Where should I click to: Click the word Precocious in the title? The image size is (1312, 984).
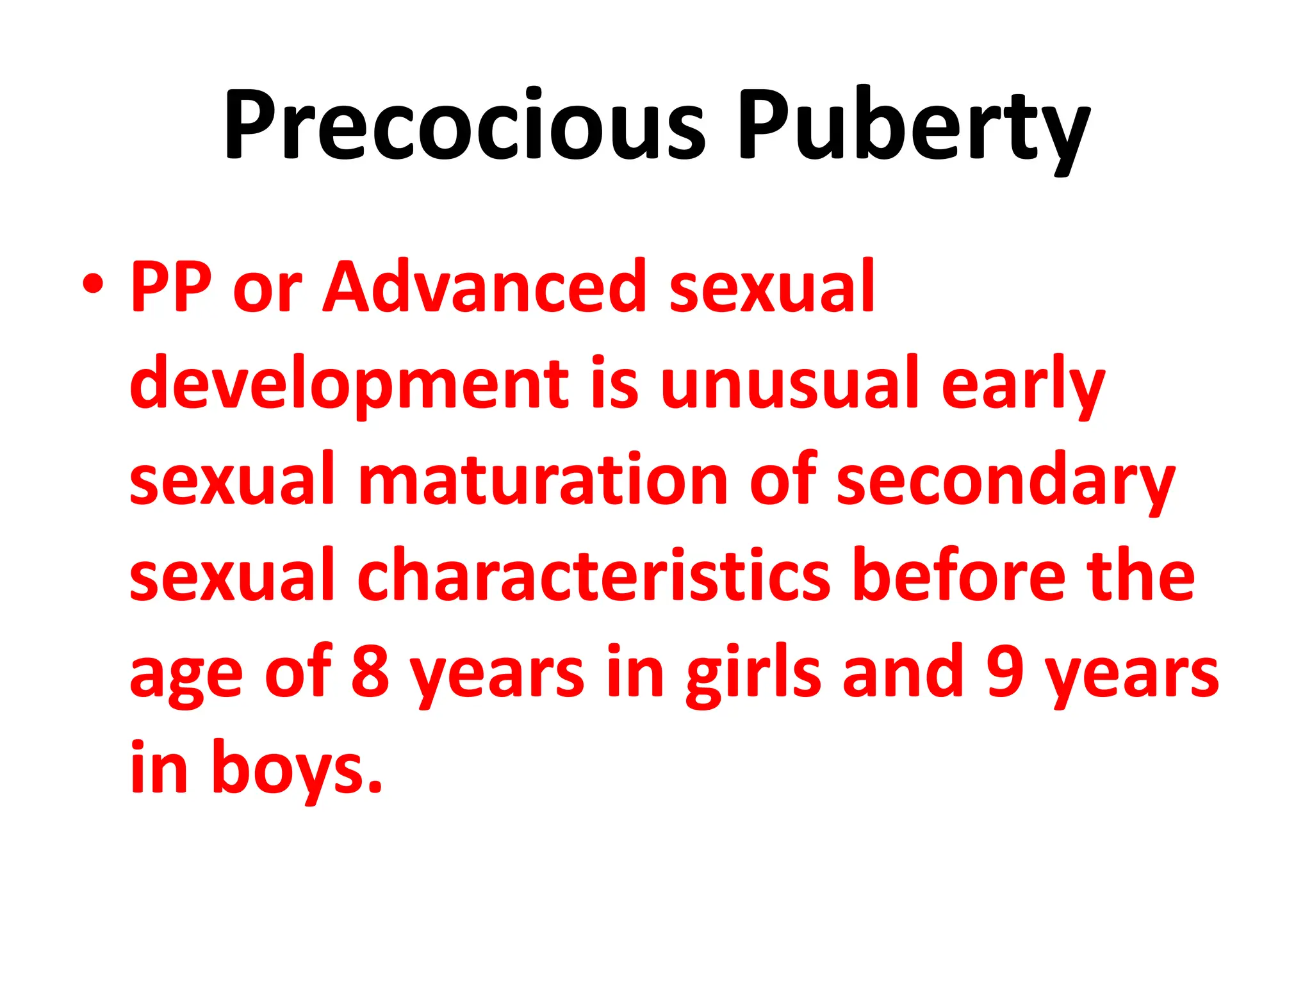pos(464,124)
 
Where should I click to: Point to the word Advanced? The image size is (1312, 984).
pos(484,286)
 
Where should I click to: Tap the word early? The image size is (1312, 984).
pos(1022,384)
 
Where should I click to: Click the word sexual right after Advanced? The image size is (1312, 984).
pos(771,286)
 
